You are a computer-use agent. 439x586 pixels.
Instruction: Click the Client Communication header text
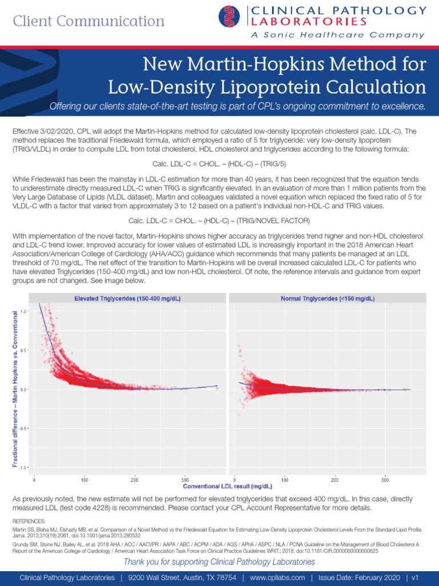pos(89,21)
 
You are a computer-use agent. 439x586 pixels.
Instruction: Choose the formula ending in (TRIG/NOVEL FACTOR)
pos(219,220)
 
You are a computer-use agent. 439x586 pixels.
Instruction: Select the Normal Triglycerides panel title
pos(328,298)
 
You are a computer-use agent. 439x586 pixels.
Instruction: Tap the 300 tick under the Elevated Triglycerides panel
pos(185,479)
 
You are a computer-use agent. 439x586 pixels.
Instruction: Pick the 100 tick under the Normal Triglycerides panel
pos(285,479)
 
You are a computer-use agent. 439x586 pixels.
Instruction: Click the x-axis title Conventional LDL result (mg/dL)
pos(219,486)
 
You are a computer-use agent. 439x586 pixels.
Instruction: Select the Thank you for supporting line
pos(219,561)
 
